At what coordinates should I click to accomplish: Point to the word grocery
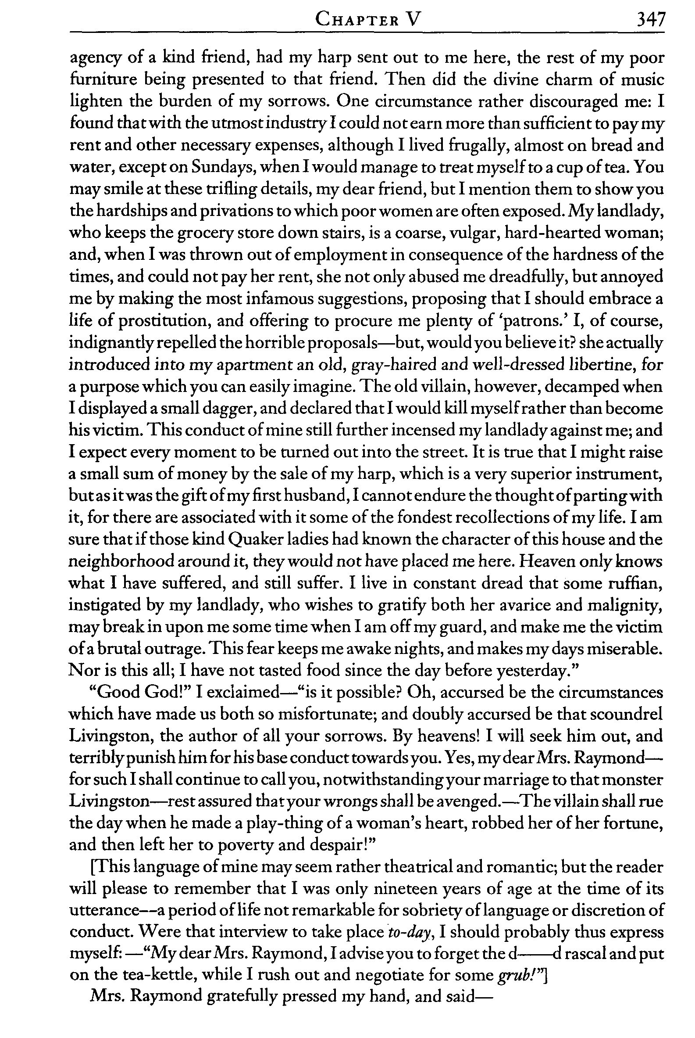(x=177, y=233)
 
